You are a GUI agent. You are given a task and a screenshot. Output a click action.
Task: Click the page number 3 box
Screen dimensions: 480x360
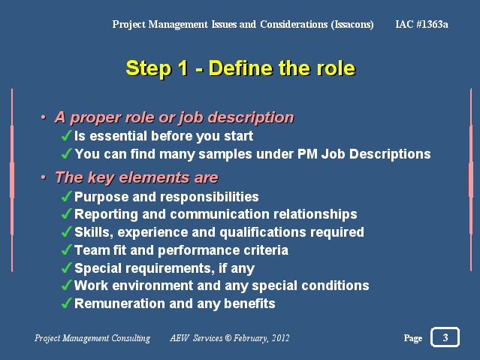445,337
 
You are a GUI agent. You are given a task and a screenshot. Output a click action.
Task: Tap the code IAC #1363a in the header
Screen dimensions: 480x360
421,24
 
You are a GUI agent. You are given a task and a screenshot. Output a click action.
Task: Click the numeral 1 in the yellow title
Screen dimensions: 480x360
183,68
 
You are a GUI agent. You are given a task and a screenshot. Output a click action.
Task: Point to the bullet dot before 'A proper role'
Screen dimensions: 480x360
44,117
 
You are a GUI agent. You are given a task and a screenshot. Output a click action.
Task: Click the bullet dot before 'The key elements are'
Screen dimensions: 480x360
44,177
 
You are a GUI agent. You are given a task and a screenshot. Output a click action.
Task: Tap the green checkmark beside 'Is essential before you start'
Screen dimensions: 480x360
67,135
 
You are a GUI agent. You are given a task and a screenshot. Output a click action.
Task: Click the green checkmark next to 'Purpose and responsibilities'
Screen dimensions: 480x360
67,196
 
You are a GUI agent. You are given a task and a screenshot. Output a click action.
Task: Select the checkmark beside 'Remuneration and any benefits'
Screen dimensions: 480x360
67,303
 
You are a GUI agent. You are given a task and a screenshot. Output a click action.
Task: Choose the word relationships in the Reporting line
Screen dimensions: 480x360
315,214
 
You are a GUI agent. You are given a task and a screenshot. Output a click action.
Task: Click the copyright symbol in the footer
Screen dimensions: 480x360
228,337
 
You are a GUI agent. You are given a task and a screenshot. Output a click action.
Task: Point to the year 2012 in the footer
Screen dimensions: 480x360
280,337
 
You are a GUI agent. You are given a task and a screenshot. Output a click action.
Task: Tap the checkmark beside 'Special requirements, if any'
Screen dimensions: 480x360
67,268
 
